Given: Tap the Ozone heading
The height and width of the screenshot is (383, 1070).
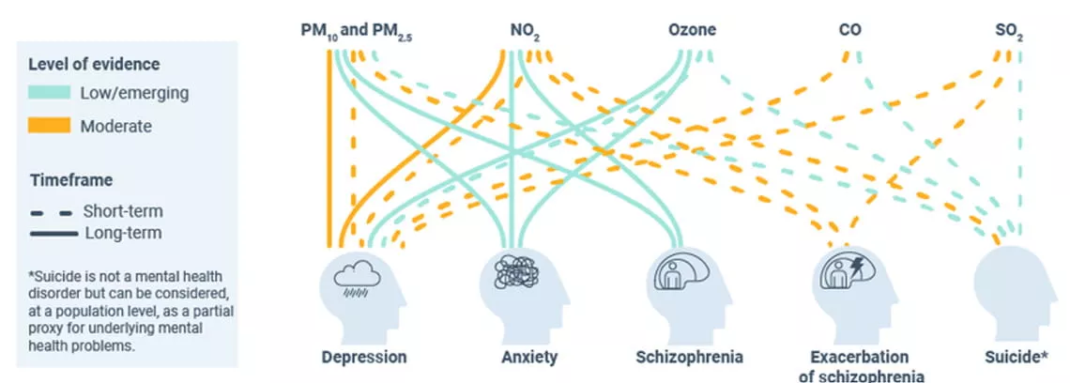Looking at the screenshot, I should tap(692, 30).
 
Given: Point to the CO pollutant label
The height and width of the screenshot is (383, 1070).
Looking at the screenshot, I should tap(849, 30).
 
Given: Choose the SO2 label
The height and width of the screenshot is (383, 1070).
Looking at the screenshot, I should tap(1009, 31).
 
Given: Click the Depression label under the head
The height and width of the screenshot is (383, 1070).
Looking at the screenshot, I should tap(364, 357).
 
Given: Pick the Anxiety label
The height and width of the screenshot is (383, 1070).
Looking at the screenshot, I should tap(529, 357).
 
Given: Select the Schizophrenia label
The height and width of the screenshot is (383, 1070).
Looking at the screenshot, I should tap(689, 357).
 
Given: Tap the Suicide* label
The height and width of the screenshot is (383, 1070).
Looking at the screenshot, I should tap(1017, 357).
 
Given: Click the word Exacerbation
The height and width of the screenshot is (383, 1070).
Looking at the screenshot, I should tap(860, 357).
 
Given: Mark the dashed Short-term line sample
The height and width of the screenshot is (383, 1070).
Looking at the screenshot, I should tap(51, 211).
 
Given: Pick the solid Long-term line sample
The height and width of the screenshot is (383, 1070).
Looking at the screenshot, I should tap(51, 233).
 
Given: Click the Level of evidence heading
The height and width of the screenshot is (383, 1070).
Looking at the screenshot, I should tap(94, 64).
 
